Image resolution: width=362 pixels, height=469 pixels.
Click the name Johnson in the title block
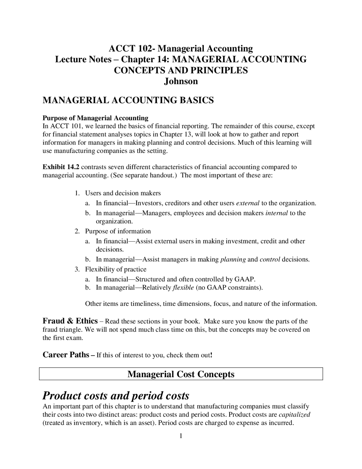[x=181, y=81]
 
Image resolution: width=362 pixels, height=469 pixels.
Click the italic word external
[x=248, y=203]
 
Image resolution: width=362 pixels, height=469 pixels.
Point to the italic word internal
[x=277, y=213]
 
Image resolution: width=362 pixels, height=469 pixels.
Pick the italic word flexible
[x=183, y=287]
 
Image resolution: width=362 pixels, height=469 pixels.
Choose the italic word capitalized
[x=294, y=415]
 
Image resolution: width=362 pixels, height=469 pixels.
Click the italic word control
[x=270, y=259]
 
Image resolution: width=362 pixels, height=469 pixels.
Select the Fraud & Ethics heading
[x=70, y=321]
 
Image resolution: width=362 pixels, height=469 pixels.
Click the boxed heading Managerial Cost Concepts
[x=181, y=374]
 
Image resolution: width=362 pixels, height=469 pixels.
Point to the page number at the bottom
[x=181, y=436]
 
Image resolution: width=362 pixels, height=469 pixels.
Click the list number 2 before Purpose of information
[x=77, y=231]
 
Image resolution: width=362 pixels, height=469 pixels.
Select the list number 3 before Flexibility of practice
[x=77, y=269]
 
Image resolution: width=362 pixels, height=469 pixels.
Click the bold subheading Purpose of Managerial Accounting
[x=95, y=118]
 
